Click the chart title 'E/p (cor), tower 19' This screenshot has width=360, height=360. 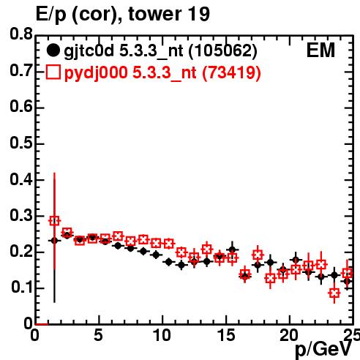click(x=123, y=14)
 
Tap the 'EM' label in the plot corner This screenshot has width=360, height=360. click(x=320, y=50)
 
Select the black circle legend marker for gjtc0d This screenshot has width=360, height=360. click(x=53, y=50)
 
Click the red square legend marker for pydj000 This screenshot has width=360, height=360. click(x=53, y=72)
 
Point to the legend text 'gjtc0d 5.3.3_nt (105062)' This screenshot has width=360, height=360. click(x=160, y=51)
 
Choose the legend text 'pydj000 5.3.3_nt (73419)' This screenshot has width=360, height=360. click(x=162, y=73)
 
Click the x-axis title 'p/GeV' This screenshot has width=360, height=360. click(x=323, y=349)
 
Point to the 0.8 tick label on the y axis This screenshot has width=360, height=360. click(x=21, y=34)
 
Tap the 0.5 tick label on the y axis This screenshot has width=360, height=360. click(x=21, y=143)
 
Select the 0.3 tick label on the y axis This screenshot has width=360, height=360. click(x=21, y=215)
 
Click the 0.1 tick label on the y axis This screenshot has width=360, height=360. click(x=21, y=288)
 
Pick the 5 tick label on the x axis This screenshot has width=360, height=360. click(x=98, y=335)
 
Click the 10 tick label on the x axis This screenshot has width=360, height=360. click(x=162, y=335)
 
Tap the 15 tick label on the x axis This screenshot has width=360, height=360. click(x=227, y=335)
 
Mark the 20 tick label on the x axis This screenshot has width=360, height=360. click(x=289, y=335)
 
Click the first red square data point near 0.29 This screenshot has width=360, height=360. click(x=54, y=221)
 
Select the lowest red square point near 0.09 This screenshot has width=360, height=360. click(x=334, y=293)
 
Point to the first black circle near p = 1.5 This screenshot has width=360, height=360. click(x=54, y=241)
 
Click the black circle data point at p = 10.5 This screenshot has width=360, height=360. click(x=169, y=262)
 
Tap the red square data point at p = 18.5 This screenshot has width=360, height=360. click(x=270, y=278)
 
